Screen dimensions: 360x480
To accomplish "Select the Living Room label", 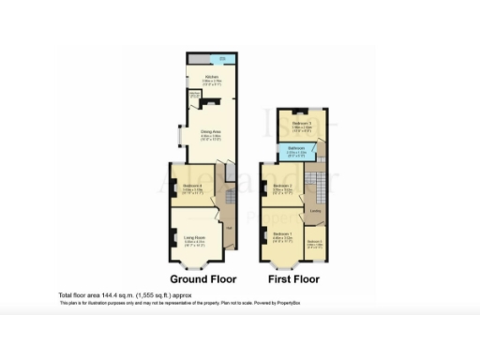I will pyautogui.click(x=194, y=237).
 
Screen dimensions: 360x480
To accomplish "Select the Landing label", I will pyautogui.click(x=316, y=210).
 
